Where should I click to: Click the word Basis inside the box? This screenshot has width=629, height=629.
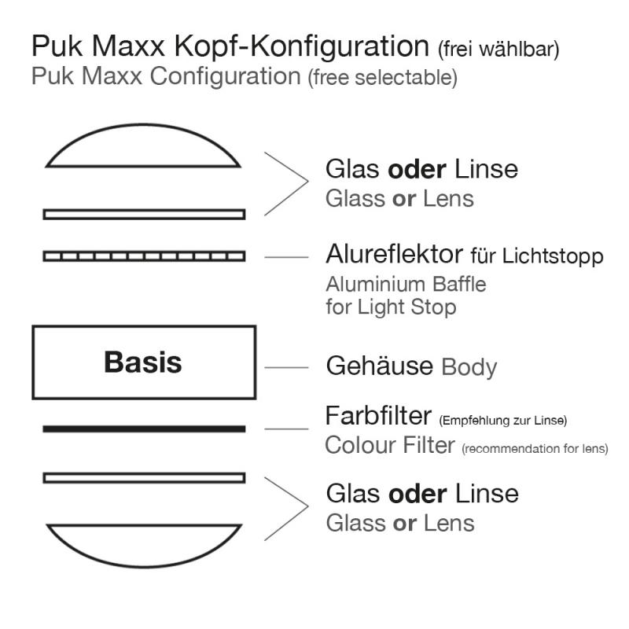click(x=143, y=362)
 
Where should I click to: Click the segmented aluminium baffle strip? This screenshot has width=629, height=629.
click(x=144, y=256)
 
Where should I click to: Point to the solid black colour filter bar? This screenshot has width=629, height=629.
click(x=144, y=429)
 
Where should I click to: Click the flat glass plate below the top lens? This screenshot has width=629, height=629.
click(x=144, y=214)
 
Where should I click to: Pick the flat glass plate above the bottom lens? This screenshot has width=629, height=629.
click(x=144, y=477)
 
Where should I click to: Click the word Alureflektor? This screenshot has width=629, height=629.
click(x=394, y=256)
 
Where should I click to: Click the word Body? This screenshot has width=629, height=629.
click(x=469, y=367)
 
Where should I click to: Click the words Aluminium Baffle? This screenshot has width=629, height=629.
click(x=406, y=283)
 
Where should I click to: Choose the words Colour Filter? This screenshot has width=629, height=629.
click(x=390, y=446)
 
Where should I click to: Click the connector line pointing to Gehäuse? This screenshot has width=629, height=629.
click(x=287, y=366)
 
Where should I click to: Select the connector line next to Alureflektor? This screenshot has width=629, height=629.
click(x=287, y=256)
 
